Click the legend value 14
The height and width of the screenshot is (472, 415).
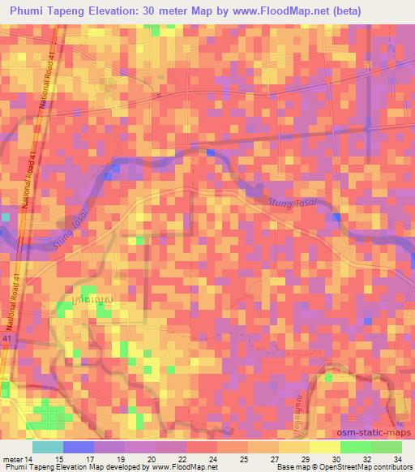[x=30, y=460]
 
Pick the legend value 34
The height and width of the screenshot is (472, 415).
[x=397, y=460]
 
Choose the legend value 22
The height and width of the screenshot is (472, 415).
[x=182, y=460]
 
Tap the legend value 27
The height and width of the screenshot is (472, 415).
[x=275, y=460]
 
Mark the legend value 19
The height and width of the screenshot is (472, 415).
[x=121, y=460]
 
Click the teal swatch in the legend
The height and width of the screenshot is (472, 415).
[x=48, y=447]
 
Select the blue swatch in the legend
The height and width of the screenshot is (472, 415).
[x=79, y=447]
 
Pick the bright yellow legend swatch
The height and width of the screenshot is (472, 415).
[x=325, y=447]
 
